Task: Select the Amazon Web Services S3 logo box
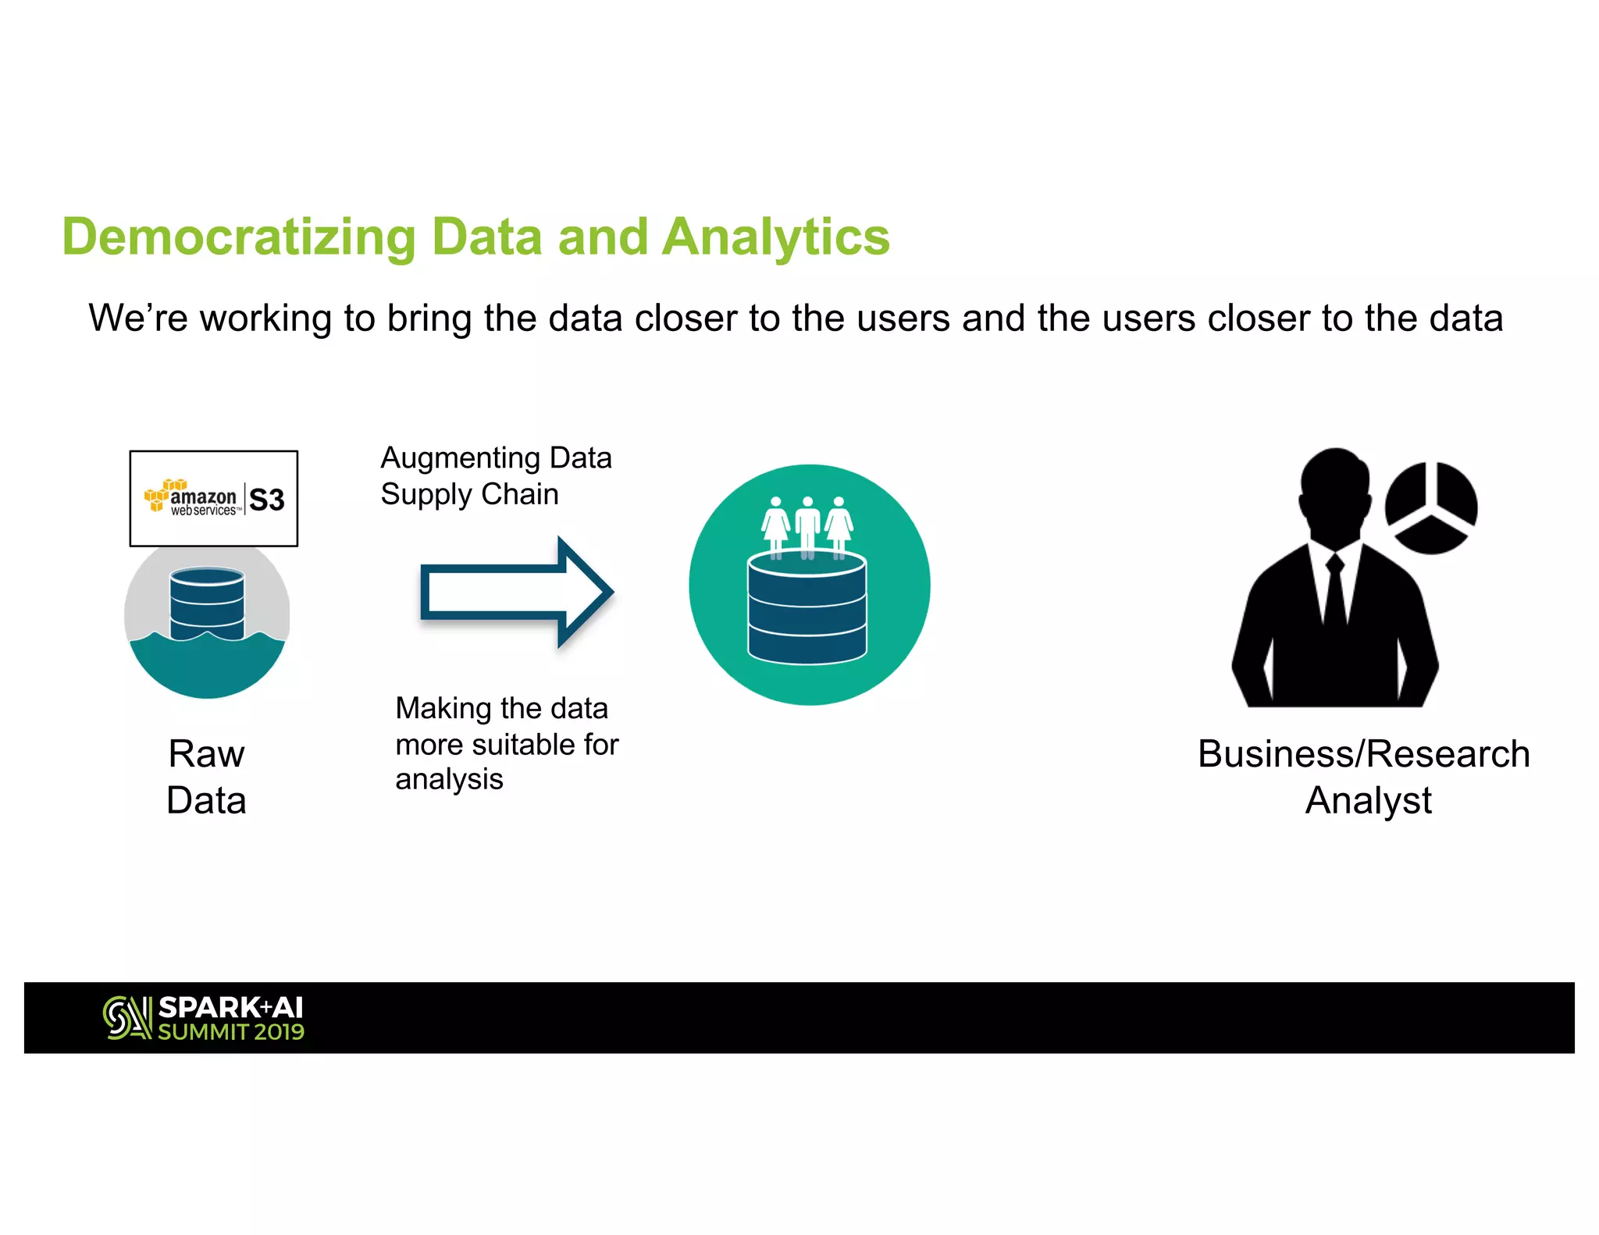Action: click(x=213, y=498)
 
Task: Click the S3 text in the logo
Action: click(x=267, y=500)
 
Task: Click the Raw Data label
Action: click(x=207, y=777)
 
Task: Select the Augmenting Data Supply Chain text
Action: click(x=496, y=475)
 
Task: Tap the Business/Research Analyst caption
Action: click(x=1364, y=777)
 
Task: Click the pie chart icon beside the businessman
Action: click(x=1430, y=507)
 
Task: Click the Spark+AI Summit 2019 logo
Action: click(x=204, y=1018)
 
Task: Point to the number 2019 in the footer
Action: click(x=279, y=1032)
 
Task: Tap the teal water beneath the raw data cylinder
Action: click(x=207, y=667)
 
